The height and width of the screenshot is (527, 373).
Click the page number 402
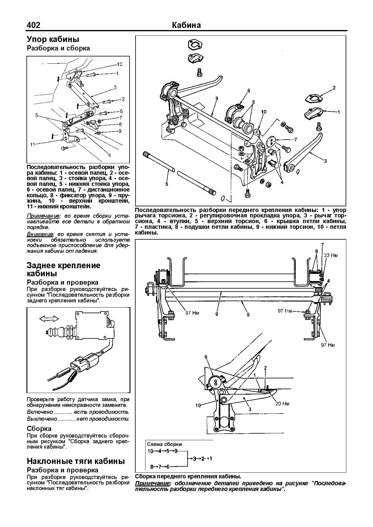tap(33, 25)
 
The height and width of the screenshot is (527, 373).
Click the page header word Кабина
tap(186, 25)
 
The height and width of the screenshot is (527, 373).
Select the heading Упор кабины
tap(53, 39)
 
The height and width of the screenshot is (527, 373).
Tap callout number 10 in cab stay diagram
tap(119, 64)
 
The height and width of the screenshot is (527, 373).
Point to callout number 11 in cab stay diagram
tap(33, 144)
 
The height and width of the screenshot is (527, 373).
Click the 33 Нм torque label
tap(331, 255)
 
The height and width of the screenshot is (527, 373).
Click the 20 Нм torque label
tap(282, 404)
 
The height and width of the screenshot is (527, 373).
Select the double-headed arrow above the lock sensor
tap(49, 318)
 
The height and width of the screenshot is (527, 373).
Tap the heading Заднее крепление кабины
tap(63, 269)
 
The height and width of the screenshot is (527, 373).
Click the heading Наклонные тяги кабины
tap(75, 461)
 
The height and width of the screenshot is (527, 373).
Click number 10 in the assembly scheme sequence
tap(150, 451)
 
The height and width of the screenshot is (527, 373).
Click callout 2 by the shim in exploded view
tap(334, 88)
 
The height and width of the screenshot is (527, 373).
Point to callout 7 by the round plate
tap(295, 139)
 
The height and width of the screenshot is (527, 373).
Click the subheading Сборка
tap(39, 429)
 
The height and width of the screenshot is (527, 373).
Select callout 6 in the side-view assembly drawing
tap(206, 357)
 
